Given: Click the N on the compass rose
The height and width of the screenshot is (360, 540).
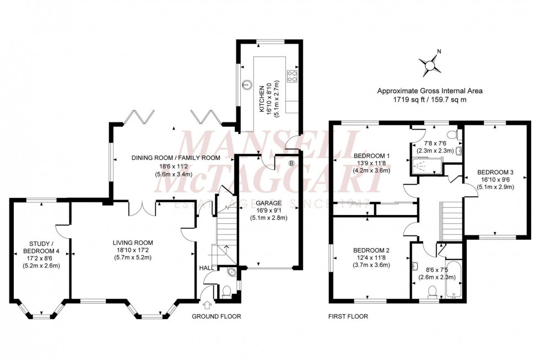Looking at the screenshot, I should [x=439, y=52].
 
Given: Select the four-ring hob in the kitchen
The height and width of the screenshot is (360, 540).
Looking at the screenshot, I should [x=293, y=77].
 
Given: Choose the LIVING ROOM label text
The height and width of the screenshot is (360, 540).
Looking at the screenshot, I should [x=133, y=243].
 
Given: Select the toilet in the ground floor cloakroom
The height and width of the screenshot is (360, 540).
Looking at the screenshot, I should [x=225, y=292].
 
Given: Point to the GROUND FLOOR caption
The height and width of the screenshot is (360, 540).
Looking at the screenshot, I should [x=216, y=316].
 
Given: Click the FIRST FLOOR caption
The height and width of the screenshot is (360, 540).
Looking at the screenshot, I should [x=348, y=316].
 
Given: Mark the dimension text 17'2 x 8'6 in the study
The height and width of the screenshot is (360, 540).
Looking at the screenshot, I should [x=41, y=257].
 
